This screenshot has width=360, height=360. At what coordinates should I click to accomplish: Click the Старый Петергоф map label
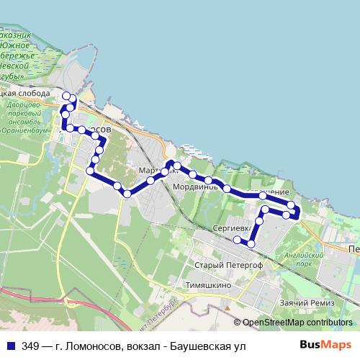tap(228, 264)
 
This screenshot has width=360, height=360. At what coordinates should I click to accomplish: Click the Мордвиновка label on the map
tap(195, 186)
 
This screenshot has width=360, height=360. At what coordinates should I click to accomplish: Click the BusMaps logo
tap(328, 345)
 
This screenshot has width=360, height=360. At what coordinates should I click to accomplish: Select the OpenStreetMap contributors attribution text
tap(298, 323)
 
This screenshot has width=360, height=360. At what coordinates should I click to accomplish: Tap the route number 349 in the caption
tap(30, 346)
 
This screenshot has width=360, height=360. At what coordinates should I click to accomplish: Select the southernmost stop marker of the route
tap(251, 244)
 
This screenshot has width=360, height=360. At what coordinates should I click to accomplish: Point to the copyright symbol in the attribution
tap(237, 323)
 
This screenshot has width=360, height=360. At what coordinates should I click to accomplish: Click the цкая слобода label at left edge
tap(25, 94)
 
